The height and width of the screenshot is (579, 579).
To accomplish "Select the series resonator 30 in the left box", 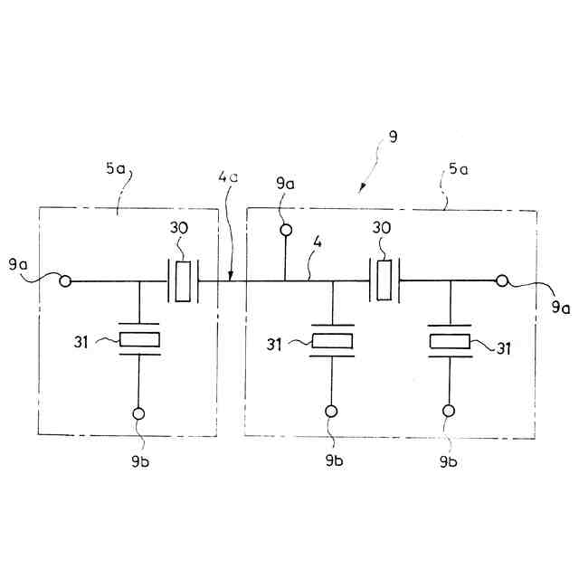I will pos(184,281).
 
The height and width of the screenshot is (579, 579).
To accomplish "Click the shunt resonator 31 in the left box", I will pos(140,340).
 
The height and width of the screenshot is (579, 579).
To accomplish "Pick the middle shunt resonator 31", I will pos(333,342).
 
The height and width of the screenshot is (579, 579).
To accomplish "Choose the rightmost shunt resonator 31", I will pos(450,342).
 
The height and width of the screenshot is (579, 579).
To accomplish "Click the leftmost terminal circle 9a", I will pos(65,281).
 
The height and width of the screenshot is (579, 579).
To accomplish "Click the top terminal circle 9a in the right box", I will pos(285,231).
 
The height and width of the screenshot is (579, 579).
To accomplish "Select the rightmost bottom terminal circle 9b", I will pos(450,413).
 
